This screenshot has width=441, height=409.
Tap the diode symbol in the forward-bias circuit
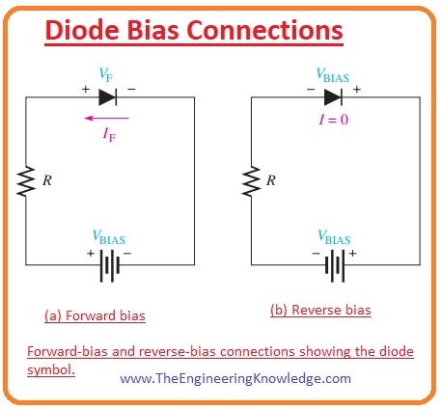105,97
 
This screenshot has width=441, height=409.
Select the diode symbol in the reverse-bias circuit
332,97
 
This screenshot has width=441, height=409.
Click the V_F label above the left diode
106,74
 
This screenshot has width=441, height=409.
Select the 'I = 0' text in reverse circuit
331,119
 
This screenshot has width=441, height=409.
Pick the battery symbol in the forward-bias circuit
106,262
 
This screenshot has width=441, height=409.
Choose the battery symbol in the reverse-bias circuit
333,262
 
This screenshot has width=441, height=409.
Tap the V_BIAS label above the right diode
333,74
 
